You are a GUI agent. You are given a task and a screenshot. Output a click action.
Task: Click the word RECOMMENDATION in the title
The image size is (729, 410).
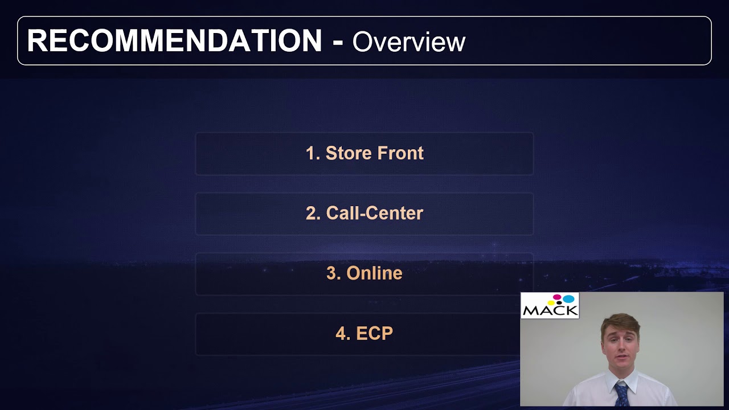(x=174, y=42)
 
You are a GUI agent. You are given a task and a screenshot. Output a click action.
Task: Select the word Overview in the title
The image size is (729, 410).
(x=409, y=42)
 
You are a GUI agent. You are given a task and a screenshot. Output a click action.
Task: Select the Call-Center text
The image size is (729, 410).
(x=374, y=213)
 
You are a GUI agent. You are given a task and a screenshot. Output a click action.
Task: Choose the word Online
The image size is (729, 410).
(x=374, y=273)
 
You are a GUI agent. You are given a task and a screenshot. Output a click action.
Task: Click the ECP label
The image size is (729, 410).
(x=374, y=333)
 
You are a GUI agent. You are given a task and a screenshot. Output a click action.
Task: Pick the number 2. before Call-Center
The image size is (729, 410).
(x=313, y=213)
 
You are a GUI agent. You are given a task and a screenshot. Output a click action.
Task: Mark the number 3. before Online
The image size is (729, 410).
(x=334, y=273)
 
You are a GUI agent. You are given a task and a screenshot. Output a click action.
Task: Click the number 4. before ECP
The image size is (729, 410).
(x=343, y=333)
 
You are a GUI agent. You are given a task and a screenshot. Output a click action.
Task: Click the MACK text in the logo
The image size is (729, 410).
(x=550, y=310)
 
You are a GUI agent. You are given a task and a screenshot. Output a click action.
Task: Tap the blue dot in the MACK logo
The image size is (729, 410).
(x=568, y=298)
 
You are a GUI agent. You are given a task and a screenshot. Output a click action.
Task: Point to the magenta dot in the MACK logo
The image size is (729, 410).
(x=558, y=297)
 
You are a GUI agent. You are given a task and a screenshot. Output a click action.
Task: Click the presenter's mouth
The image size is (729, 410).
(x=622, y=357)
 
